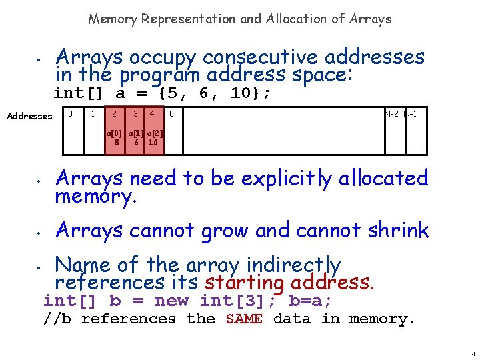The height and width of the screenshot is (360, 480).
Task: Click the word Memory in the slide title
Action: pos(113,19)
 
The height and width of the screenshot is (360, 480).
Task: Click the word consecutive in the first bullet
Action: pos(260,57)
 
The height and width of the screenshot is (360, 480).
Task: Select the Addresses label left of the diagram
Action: pos(29,116)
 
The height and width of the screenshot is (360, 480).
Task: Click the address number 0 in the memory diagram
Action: pos(71,114)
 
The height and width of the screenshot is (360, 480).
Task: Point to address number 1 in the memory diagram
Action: pos(93,114)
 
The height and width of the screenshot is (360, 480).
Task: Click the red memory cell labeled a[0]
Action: pos(116,137)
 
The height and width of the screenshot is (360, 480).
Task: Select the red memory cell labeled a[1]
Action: pos(135,137)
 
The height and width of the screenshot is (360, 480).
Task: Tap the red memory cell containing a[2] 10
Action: pos(153,137)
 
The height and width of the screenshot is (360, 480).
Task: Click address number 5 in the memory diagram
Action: pos(171,114)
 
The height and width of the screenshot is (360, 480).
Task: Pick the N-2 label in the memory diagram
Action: pos(392,114)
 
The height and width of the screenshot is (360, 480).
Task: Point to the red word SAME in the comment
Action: pos(244,319)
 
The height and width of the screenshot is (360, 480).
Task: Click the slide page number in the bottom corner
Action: pos(471,353)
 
